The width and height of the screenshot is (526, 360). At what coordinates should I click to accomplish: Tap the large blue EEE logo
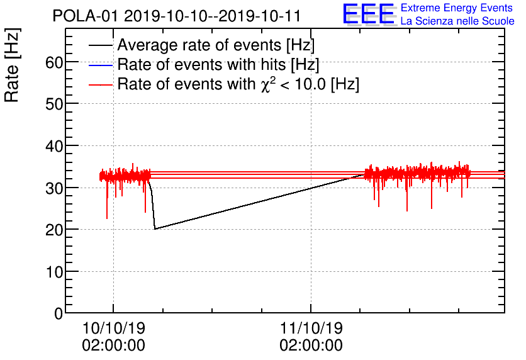[x=369, y=14]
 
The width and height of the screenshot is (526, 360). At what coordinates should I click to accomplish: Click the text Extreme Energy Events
[x=457, y=8]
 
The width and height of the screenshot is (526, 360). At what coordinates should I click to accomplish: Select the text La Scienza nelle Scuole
[x=457, y=21]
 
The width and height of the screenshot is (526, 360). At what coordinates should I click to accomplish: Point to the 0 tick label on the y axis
[x=59, y=313]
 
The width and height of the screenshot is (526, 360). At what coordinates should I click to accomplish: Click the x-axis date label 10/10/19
[x=113, y=329]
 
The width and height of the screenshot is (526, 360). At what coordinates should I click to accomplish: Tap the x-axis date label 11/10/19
[x=311, y=329]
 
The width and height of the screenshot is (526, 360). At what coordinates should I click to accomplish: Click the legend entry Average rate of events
[x=216, y=46]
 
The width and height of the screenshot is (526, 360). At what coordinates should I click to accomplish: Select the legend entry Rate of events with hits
[x=218, y=65]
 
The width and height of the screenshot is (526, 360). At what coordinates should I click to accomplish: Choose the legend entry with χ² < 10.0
[x=238, y=84]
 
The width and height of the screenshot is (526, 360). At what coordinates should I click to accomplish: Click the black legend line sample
[x=101, y=46]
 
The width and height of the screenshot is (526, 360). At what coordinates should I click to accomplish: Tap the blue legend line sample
[x=101, y=65]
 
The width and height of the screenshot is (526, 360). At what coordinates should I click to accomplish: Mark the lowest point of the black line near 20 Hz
[x=155, y=228]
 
